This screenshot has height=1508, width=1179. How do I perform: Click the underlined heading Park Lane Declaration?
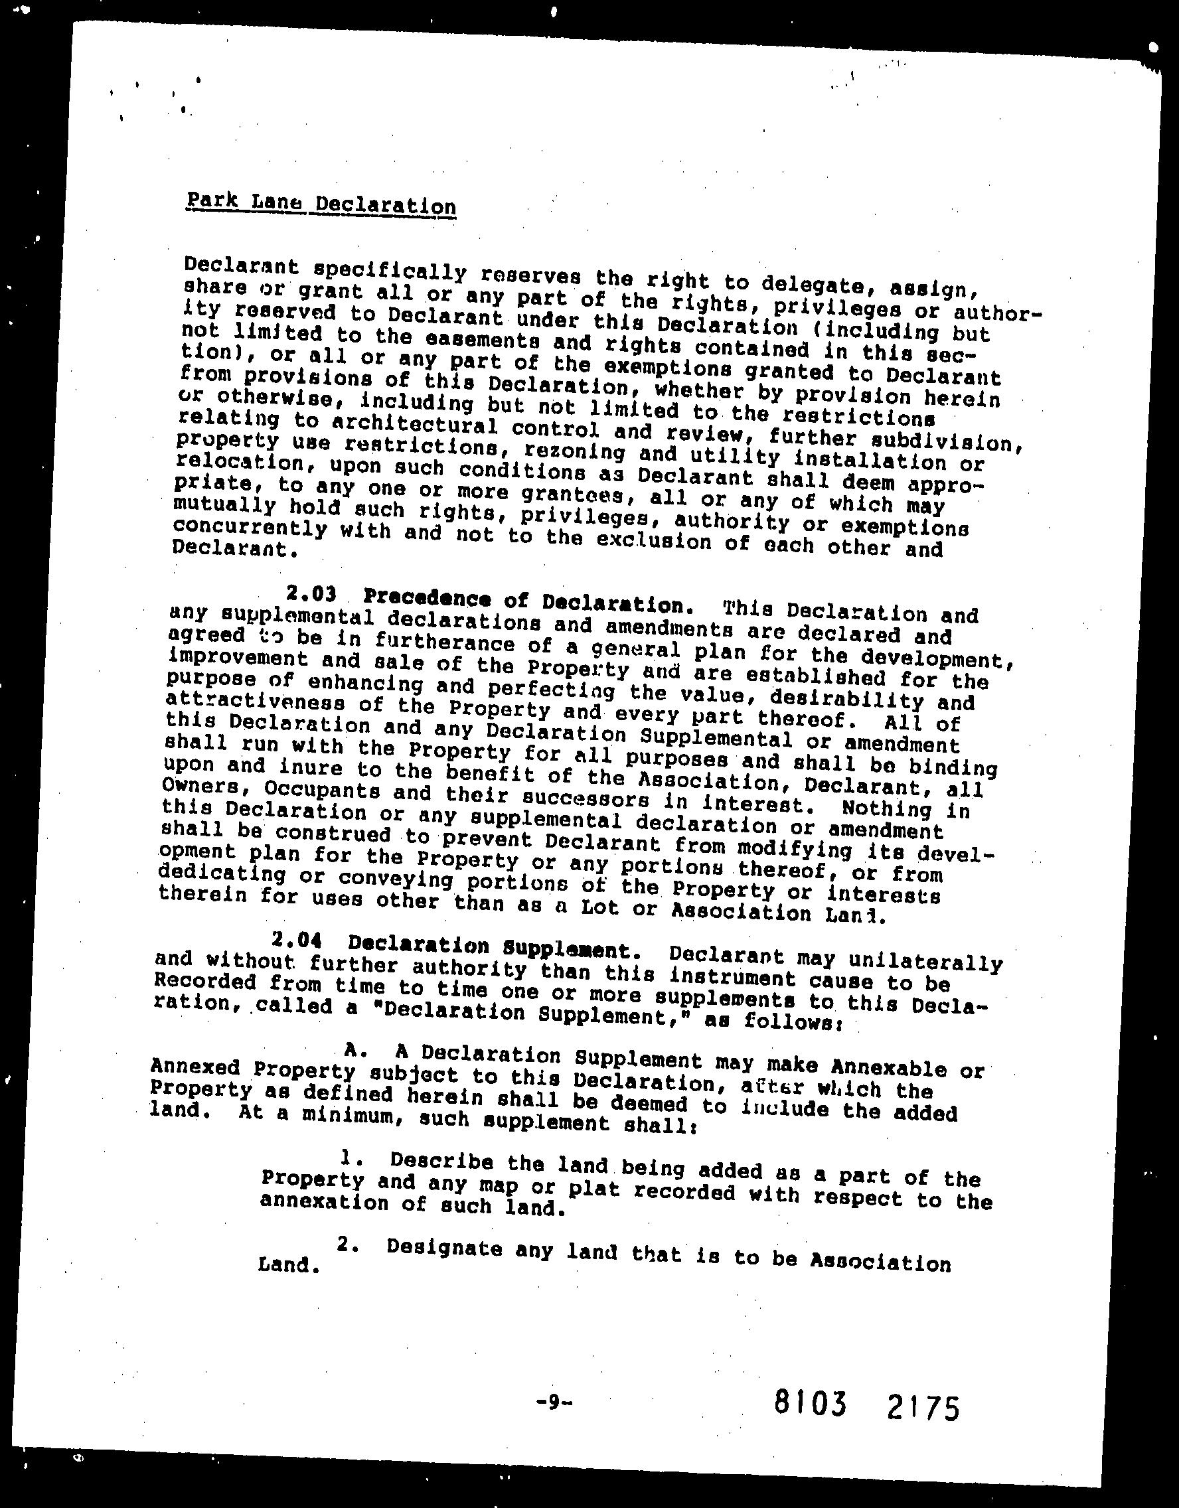coord(321,204)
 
